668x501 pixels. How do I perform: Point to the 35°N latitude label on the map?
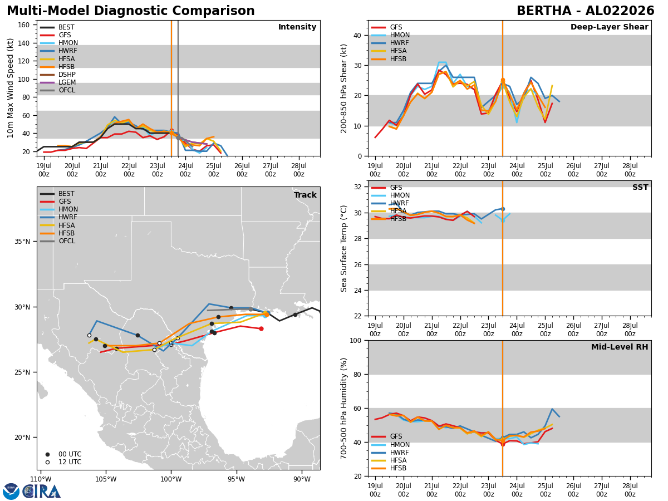pos(22,242)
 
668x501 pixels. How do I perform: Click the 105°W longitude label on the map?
pos(106,479)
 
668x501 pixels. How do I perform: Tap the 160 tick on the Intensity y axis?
pos(24,25)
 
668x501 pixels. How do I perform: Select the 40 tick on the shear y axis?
pos(357,35)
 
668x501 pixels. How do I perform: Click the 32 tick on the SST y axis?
pos(357,187)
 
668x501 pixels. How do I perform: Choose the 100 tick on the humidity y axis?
pos(356,340)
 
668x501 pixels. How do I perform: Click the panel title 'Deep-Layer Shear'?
pos(609,27)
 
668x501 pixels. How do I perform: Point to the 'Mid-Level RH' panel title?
pos(620,347)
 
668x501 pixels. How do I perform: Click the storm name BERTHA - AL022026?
pos(586,11)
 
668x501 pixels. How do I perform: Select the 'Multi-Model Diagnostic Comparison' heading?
pos(131,11)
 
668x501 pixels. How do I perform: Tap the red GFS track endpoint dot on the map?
pos(261,329)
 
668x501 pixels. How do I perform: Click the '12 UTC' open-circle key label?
pos(70,462)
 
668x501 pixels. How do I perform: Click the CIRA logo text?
pos(41,492)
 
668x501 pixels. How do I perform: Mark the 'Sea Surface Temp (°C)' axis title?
pos(343,248)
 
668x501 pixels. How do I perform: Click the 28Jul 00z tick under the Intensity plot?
pos(298,170)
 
